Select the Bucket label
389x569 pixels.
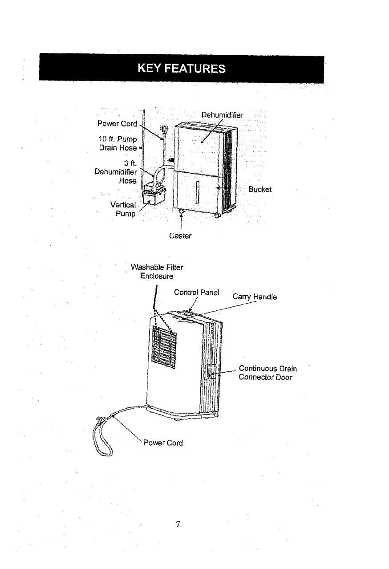(x=260, y=189)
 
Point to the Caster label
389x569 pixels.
(x=180, y=236)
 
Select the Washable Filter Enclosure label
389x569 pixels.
(x=156, y=271)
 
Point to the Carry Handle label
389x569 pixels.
(x=255, y=297)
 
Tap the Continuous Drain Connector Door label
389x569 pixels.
(x=267, y=373)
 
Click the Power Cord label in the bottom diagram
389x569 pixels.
(x=163, y=443)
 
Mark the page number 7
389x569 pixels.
(x=178, y=524)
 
